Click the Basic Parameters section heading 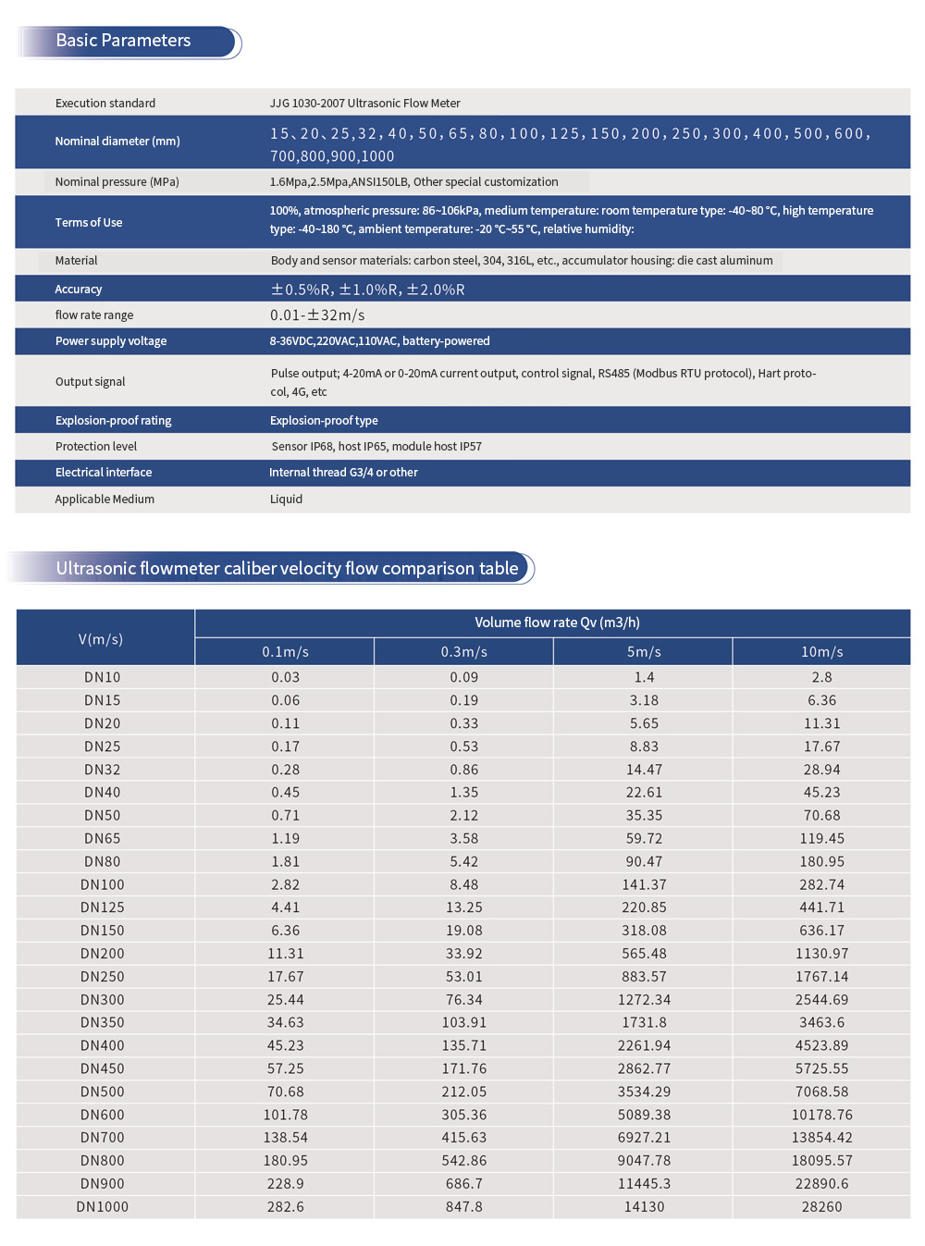[123, 41]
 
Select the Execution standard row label [105, 103]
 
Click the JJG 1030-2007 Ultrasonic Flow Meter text [364, 103]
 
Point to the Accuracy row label [79, 290]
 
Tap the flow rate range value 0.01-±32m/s [317, 315]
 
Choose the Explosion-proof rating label [113, 420]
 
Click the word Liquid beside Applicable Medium [286, 500]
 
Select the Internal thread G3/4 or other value [343, 473]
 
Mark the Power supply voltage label [111, 341]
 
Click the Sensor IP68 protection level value [376, 447]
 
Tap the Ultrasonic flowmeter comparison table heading [287, 568]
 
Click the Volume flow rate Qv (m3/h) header [557, 623]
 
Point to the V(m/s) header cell [101, 639]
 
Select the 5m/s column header [644, 652]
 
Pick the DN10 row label [103, 677]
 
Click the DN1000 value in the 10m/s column [821, 1207]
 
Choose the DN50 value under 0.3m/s [464, 816]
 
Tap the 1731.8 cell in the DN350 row [644, 1023]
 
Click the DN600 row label [103, 1115]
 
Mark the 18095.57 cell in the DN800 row [821, 1161]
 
